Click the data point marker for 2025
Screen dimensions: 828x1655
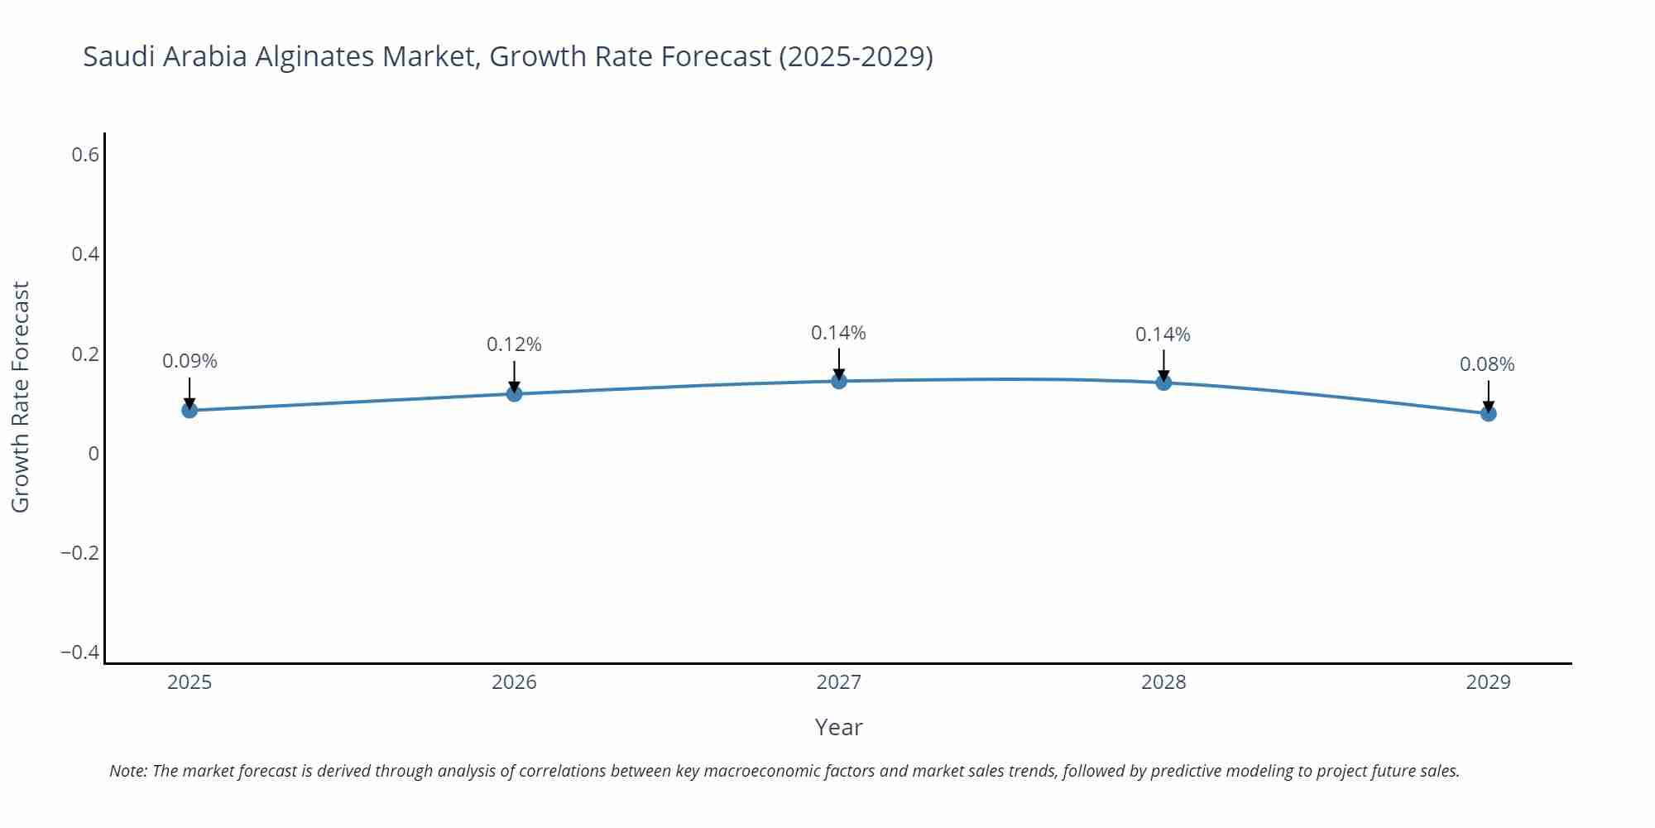189,410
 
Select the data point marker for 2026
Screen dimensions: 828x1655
514,393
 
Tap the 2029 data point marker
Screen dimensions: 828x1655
1488,413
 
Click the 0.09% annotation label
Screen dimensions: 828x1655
189,362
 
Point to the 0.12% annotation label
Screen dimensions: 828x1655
514,344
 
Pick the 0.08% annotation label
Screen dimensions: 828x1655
1487,364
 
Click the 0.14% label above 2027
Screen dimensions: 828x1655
838,333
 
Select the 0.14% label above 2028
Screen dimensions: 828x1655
1163,335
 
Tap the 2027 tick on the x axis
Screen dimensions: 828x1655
838,682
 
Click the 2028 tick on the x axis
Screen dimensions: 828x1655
1163,682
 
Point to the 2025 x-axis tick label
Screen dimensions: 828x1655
189,682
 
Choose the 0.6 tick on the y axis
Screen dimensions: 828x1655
85,155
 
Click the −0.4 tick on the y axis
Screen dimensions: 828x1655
79,652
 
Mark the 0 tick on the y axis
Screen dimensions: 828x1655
94,454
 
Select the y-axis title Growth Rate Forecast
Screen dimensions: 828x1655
21,397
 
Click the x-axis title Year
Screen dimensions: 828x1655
838,727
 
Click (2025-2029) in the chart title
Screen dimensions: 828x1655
856,56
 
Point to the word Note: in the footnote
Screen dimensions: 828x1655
128,771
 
